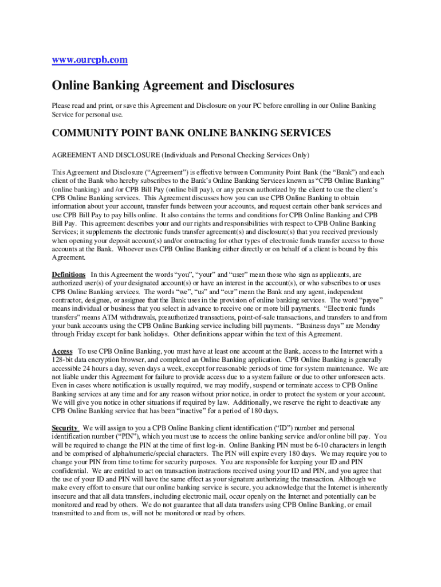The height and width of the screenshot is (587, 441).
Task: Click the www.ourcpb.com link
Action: pos(90,59)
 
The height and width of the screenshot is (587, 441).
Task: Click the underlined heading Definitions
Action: pos(69,275)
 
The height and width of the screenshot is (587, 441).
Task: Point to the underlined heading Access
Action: pos(62,351)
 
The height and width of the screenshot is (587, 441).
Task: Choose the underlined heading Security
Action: pos(65,428)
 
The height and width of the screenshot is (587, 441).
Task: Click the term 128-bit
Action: pos(64,360)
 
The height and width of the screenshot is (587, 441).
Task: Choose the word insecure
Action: pos(66,496)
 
